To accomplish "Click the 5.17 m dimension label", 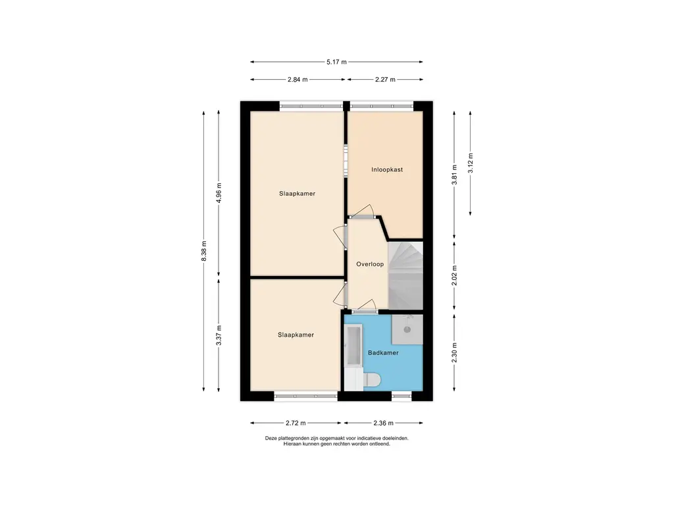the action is pos(336,62).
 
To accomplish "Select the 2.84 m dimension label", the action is pos(298,80).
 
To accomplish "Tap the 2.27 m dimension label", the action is pos(385,80).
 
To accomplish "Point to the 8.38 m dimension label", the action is pos(204,250).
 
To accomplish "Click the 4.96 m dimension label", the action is pos(219,193).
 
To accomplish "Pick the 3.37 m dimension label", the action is pos(219,335).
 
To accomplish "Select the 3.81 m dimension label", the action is pos(454,175).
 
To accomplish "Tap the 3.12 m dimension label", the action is pos(470,163).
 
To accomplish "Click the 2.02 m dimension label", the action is pos(454,275).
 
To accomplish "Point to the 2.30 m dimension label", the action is pos(454,353).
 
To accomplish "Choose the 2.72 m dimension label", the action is pos(296,423).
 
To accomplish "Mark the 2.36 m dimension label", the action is pos(384,423).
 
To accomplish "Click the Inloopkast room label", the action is pos(387,169).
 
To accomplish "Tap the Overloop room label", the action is pos(370,264).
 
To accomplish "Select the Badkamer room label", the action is pos(384,353).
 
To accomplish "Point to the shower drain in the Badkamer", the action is pos(407,330).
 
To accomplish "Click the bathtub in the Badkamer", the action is pos(354,347).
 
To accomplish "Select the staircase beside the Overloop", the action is pos(405,275).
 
